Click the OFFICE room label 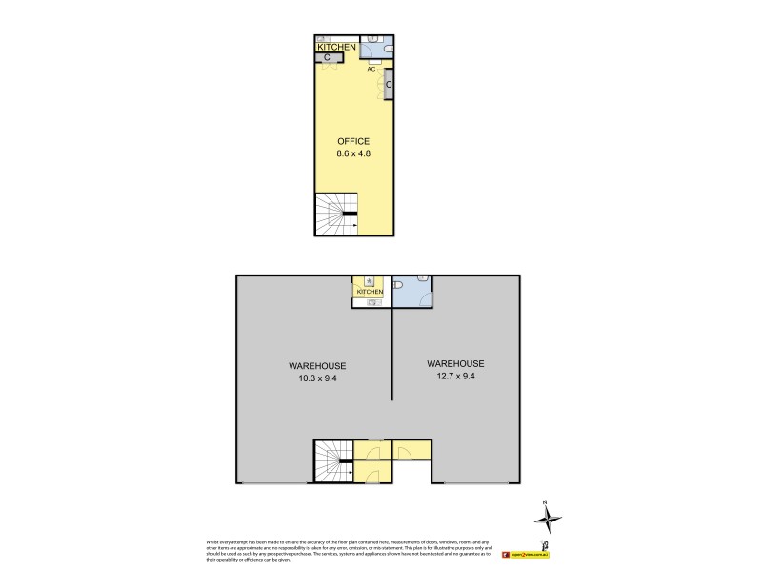coord(353,141)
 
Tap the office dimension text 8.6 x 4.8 coord(353,153)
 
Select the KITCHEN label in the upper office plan coord(336,47)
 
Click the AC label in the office coord(372,69)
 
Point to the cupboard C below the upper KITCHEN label coord(327,58)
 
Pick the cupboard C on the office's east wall coord(390,84)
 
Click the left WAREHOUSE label coord(317,366)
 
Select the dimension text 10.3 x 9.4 coord(317,378)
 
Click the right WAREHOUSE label coord(455,364)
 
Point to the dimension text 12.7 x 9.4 coord(455,377)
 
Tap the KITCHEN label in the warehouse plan coord(370,292)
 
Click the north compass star coord(547,520)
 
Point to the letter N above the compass coord(545,501)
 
